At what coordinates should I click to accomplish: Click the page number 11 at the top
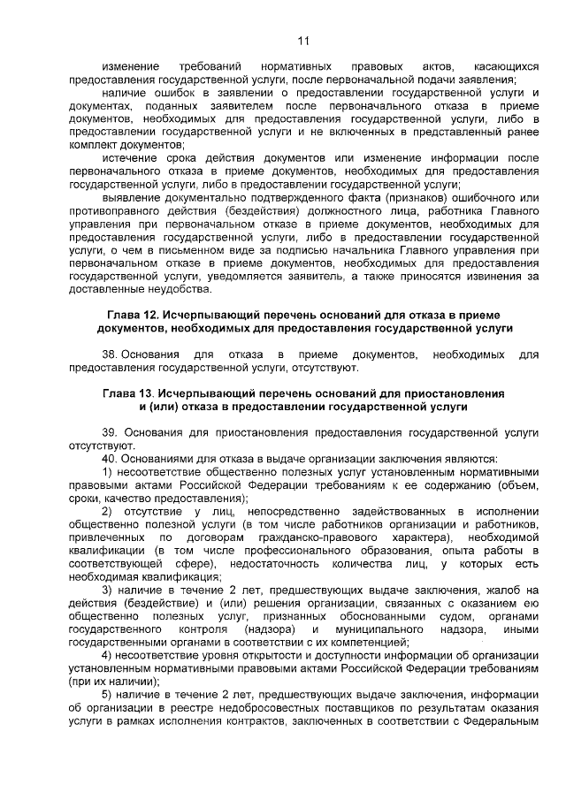pos(302,41)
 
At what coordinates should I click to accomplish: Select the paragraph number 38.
pos(111,354)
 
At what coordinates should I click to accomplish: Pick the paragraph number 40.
pos(111,459)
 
